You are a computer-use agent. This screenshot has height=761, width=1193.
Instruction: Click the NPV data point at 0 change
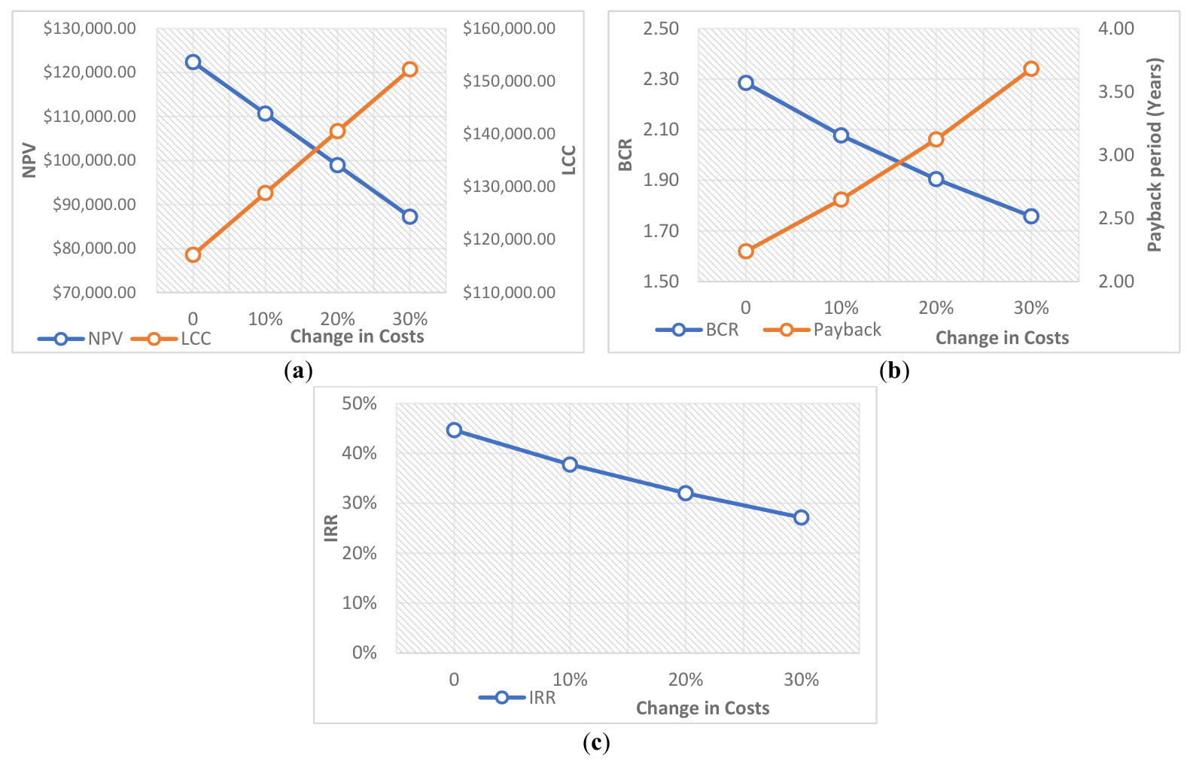pyautogui.click(x=193, y=62)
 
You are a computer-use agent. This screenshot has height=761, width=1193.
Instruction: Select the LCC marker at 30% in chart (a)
pyautogui.click(x=409, y=69)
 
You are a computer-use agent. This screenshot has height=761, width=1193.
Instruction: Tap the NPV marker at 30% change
pyautogui.click(x=409, y=217)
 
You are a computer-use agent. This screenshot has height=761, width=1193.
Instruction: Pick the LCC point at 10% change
pyautogui.click(x=265, y=193)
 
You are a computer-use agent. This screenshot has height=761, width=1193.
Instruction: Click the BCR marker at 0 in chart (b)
pyautogui.click(x=746, y=83)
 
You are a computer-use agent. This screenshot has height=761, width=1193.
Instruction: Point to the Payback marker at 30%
pyautogui.click(x=1031, y=68)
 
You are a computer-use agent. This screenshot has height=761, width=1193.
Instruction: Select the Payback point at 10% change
pyautogui.click(x=841, y=199)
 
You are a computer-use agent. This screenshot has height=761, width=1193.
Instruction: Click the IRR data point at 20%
pyautogui.click(x=685, y=493)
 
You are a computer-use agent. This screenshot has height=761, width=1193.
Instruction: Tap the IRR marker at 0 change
pyautogui.click(x=454, y=430)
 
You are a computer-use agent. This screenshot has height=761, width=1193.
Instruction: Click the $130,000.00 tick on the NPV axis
pyautogui.click(x=90, y=29)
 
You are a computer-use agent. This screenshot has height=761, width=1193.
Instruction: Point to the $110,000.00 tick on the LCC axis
pyautogui.click(x=509, y=292)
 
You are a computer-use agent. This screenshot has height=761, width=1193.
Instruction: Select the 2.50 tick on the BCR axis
pyautogui.click(x=660, y=29)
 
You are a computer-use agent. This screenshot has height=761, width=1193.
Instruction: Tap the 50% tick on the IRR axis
pyautogui.click(x=359, y=403)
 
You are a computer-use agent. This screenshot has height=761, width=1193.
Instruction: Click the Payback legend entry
pyautogui.click(x=846, y=330)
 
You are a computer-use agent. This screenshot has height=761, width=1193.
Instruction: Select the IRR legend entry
pyautogui.click(x=541, y=698)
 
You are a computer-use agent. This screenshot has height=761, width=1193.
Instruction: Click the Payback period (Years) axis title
pyautogui.click(x=1155, y=154)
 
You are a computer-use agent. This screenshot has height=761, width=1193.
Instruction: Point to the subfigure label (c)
pyautogui.click(x=596, y=743)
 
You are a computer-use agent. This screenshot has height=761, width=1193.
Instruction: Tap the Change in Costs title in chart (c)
pyautogui.click(x=702, y=708)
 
